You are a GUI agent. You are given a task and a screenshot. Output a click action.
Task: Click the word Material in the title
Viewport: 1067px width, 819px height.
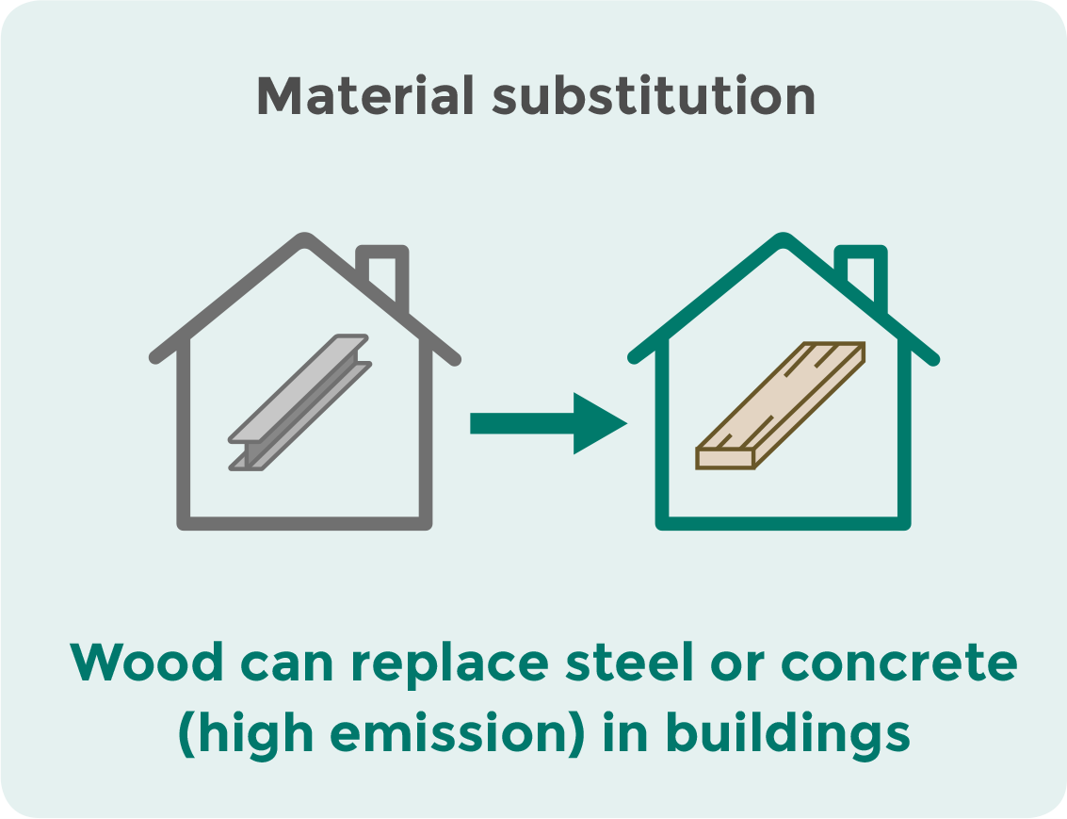pos(364,95)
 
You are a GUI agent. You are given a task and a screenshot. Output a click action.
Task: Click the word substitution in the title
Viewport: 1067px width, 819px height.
pos(654,95)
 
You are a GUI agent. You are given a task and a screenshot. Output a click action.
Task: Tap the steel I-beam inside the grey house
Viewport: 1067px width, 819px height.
pos(300,402)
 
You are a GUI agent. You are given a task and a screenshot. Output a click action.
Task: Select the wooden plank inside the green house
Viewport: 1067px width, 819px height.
pos(780,406)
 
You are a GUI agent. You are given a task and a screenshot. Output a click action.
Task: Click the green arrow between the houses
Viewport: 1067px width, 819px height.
pos(548,423)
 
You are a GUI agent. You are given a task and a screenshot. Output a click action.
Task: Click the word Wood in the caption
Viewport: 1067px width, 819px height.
pos(146,663)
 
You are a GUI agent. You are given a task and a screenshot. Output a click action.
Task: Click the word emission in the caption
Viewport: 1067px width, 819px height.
pos(450,733)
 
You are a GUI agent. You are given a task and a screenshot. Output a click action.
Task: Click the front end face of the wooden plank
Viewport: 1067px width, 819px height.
pos(725,458)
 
